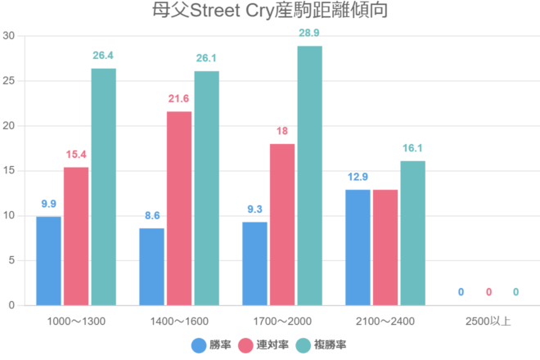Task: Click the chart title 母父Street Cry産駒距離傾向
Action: tap(270, 11)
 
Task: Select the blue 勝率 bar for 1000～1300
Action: tap(48, 260)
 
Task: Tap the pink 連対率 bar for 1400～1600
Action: tap(179, 208)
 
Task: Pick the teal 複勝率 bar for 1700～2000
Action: tap(309, 175)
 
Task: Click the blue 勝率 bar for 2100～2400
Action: tap(358, 247)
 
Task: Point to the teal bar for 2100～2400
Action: tap(412, 232)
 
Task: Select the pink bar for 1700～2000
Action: tap(282, 224)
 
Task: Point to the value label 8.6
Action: tap(151, 214)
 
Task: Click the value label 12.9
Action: tap(358, 176)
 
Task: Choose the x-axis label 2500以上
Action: tap(488, 321)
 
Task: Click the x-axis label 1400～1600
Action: tap(179, 321)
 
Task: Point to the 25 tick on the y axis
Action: tap(10, 81)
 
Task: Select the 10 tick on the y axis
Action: tap(10, 216)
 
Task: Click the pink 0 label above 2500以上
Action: tap(488, 292)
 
